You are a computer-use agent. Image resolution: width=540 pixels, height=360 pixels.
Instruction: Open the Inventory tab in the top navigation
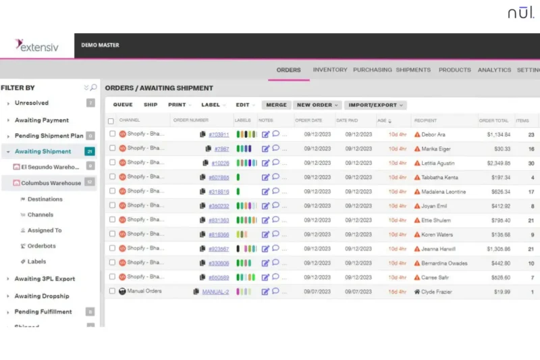pyautogui.click(x=330, y=70)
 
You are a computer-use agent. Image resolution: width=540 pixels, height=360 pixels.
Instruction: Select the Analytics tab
pyautogui.click(x=494, y=70)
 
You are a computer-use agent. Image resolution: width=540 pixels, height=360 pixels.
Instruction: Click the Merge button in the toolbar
pyautogui.click(x=276, y=105)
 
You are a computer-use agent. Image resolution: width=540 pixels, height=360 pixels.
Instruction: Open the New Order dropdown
pyautogui.click(x=317, y=105)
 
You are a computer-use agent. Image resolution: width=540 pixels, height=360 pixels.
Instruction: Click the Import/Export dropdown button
pyautogui.click(x=375, y=105)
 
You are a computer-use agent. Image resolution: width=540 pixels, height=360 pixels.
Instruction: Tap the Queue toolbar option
pyautogui.click(x=123, y=105)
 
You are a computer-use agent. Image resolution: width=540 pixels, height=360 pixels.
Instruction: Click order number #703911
pyautogui.click(x=219, y=134)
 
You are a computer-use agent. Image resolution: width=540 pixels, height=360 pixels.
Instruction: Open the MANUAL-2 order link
pyautogui.click(x=215, y=292)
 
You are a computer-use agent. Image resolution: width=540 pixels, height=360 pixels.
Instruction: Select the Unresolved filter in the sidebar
pyautogui.click(x=32, y=103)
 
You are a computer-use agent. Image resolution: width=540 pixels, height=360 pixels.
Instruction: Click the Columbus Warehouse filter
pyautogui.click(x=51, y=182)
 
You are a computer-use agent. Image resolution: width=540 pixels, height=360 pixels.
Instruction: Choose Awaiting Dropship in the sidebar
pyautogui.click(x=42, y=296)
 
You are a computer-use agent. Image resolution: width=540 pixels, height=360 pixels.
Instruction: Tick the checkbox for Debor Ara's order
pyautogui.click(x=111, y=134)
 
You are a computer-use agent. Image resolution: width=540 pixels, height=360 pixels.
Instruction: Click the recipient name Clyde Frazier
pyautogui.click(x=438, y=292)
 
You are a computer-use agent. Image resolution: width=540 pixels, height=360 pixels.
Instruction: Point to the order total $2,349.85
pyautogui.click(x=498, y=163)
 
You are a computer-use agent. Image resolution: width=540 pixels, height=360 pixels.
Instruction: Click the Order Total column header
pyautogui.click(x=493, y=120)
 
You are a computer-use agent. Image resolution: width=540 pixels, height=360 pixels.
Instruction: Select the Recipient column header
pyautogui.click(x=425, y=120)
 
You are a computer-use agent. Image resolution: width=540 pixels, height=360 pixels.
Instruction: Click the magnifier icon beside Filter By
pyautogui.click(x=93, y=88)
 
